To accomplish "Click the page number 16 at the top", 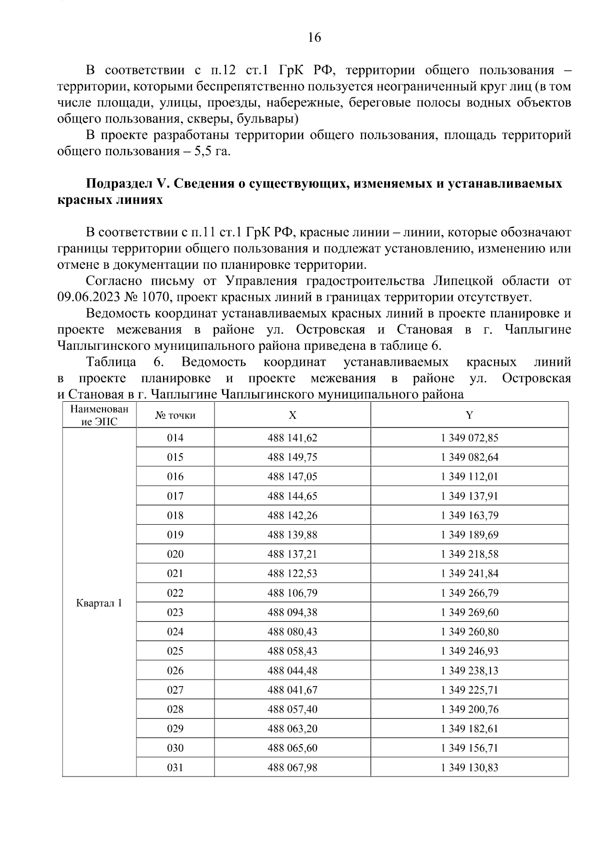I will [314, 37].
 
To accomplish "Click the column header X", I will [292, 415].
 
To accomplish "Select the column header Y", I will [469, 415].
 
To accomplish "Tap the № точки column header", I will [175, 415].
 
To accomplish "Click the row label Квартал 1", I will [99, 603].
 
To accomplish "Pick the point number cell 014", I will [175, 438].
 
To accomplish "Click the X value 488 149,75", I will [292, 457].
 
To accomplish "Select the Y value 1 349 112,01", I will [469, 476].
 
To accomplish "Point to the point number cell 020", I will [175, 554].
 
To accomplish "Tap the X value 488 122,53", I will [292, 573].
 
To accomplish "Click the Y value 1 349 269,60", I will [469, 612].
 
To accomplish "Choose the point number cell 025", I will [175, 651].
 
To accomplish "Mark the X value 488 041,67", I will [292, 690].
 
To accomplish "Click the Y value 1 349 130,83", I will [469, 768].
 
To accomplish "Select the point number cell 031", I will [175, 768].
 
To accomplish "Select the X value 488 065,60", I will [292, 748].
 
